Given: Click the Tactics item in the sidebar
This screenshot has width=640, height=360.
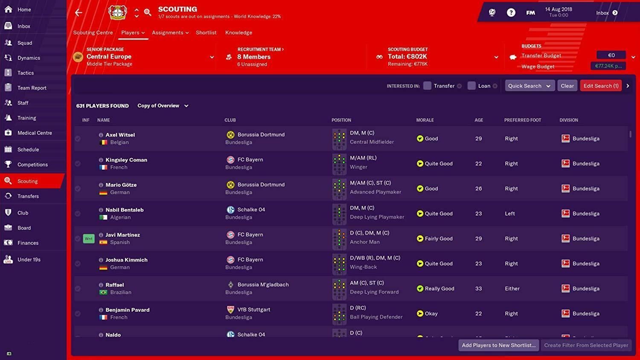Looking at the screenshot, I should [25, 73].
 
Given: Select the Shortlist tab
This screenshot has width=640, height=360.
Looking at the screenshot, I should [206, 33].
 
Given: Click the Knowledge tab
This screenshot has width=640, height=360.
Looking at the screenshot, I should [239, 33].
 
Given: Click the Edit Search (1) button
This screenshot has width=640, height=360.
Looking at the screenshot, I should [600, 86].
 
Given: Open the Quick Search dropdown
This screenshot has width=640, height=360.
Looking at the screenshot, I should [529, 86].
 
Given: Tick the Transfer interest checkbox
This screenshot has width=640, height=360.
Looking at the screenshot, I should [427, 86].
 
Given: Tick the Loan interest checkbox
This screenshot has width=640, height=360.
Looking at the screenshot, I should [471, 86].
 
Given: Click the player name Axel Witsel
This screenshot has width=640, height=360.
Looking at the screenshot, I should [120, 135].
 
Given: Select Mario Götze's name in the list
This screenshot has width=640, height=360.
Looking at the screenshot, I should [121, 185].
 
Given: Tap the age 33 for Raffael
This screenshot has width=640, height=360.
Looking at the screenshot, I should [478, 289].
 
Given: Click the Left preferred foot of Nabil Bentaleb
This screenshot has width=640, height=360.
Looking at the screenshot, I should [510, 214].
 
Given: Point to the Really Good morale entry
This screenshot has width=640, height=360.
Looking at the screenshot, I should [439, 289].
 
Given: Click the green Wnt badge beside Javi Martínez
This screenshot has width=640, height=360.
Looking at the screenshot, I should [89, 239].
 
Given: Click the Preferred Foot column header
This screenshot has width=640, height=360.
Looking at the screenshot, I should [522, 120].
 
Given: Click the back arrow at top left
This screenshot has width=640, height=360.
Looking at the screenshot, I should [79, 13].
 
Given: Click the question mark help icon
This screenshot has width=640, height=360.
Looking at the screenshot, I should [511, 13].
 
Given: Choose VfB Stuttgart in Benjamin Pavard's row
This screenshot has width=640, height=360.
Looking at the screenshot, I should [253, 310].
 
